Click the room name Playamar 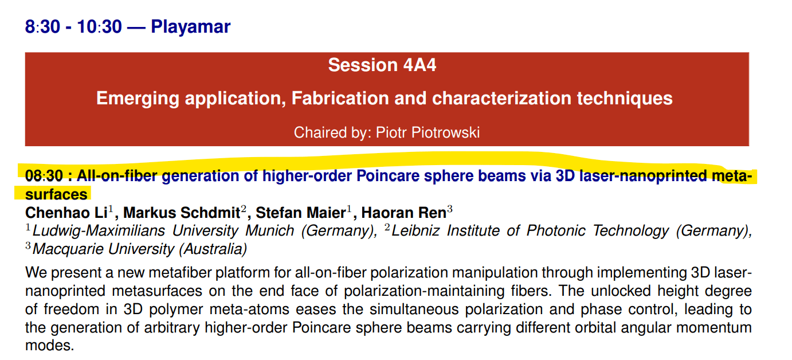(191, 27)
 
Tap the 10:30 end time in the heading (99, 27)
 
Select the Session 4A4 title (382, 65)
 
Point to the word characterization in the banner (501, 98)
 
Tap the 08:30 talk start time (44, 176)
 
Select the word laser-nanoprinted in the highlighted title (643, 176)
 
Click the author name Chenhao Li (66, 213)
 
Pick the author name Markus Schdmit (182, 213)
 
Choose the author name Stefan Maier (300, 213)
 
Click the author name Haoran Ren (404, 213)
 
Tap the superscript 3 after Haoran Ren (450, 208)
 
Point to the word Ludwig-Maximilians (99, 231)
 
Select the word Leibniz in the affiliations (415, 231)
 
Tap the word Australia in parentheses (213, 249)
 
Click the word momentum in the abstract (713, 328)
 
